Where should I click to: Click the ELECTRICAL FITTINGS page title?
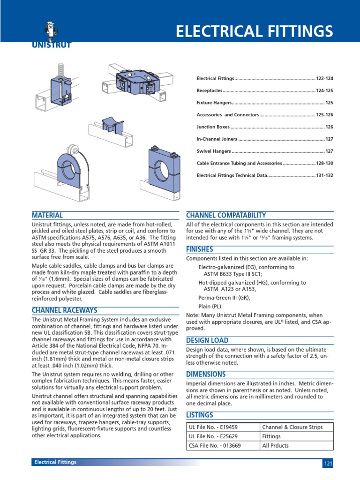[x=254, y=31]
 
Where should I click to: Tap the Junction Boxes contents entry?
[x=213, y=127]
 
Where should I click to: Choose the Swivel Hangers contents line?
[x=214, y=151]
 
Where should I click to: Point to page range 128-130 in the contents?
[x=324, y=164]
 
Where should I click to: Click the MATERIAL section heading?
[x=47, y=215]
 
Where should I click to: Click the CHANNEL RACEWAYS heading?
[x=64, y=310]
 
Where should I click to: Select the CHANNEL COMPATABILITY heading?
[x=226, y=215]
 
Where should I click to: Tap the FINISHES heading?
[x=200, y=249]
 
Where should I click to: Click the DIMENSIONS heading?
[x=206, y=374]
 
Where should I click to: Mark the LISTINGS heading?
[x=200, y=415]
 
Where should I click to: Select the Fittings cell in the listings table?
[x=272, y=436]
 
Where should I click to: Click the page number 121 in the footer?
[x=328, y=464]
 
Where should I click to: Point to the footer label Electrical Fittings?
[x=55, y=462]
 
